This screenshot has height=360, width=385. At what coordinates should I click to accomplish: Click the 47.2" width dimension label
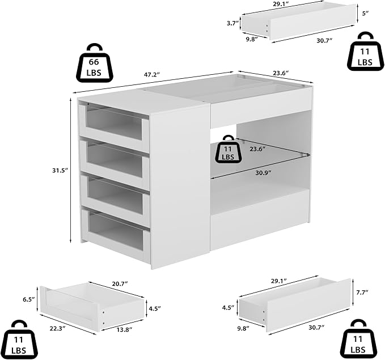[152, 75]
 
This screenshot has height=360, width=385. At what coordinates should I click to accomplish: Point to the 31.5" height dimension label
[60, 170]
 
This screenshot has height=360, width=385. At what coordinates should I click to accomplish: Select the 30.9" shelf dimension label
[263, 173]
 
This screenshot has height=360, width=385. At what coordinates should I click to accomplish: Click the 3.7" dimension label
[233, 24]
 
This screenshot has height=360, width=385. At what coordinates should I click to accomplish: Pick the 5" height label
[366, 13]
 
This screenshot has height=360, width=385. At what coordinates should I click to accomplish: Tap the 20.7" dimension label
[120, 283]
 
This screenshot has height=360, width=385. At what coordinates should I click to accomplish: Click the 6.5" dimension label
[29, 299]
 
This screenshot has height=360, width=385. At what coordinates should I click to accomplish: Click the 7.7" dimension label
[362, 292]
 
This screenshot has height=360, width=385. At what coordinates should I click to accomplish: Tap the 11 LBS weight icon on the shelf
[228, 149]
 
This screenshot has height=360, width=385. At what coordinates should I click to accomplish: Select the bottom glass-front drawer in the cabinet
[116, 231]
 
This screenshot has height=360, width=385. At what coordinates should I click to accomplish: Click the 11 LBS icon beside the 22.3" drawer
[19, 340]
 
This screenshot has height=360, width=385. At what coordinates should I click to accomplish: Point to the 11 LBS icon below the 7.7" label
[359, 340]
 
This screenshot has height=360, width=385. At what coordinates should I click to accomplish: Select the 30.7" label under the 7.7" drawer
[316, 327]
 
